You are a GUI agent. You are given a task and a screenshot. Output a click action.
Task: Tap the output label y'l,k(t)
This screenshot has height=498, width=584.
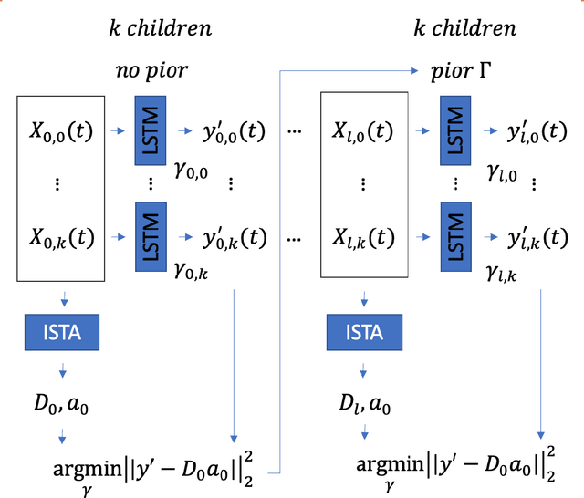537,238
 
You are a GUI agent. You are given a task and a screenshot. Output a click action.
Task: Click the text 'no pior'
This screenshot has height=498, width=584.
152,71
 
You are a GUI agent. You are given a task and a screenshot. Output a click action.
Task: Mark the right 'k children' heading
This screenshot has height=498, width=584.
465,28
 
